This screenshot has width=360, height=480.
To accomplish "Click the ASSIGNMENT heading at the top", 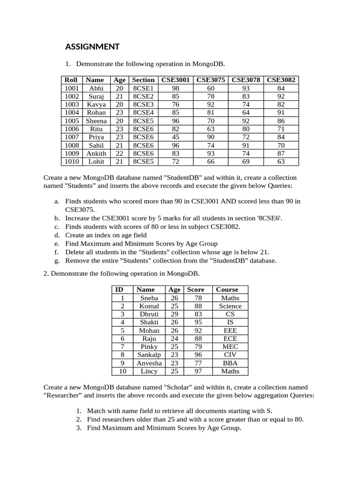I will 92,46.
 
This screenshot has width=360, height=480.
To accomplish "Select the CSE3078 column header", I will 246,80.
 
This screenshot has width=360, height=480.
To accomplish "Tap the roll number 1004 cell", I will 72,112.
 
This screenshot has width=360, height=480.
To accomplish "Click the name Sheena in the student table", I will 96,120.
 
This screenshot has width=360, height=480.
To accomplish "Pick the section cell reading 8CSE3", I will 143,104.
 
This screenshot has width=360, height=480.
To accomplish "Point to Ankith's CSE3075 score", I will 210,153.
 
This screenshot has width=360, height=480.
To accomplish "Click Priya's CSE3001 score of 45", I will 175,137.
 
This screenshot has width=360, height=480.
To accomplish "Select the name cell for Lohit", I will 96,162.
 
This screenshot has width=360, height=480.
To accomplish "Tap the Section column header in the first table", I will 143,80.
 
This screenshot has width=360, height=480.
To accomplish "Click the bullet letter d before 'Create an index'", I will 56,235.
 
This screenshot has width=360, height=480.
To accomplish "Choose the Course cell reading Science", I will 230,306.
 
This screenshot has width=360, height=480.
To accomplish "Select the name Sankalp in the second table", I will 149,355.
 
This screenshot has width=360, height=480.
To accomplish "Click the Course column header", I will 227,290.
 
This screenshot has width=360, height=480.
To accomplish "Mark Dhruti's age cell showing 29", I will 174,314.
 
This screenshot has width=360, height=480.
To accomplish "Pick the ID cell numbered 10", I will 122,371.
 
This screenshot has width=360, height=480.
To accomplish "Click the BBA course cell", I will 230,363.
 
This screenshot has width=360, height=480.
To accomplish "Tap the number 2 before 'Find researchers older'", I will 79,419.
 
